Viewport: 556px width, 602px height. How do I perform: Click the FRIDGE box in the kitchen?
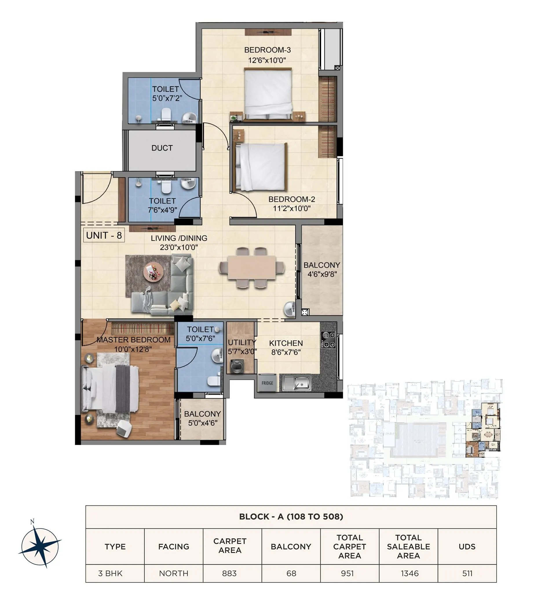(267, 383)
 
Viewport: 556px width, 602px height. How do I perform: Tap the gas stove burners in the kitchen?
(328, 340)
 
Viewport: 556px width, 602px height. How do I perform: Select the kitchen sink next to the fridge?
(298, 383)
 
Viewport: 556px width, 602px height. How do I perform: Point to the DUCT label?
(162, 148)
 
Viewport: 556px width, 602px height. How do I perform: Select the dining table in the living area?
(252, 268)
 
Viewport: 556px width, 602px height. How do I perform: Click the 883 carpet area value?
(229, 573)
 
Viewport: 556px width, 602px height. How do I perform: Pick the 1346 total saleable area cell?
(409, 573)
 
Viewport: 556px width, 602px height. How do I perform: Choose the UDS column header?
(467, 547)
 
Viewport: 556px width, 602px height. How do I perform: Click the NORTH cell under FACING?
(173, 573)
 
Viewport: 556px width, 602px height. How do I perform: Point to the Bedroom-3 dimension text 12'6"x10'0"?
(267, 60)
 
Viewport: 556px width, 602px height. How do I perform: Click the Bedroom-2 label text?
(292, 199)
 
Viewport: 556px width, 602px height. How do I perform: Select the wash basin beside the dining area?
(290, 309)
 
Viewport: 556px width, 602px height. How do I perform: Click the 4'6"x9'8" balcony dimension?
(322, 274)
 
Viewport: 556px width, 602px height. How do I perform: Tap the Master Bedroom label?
(133, 340)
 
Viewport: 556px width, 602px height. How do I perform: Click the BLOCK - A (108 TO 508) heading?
(291, 517)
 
